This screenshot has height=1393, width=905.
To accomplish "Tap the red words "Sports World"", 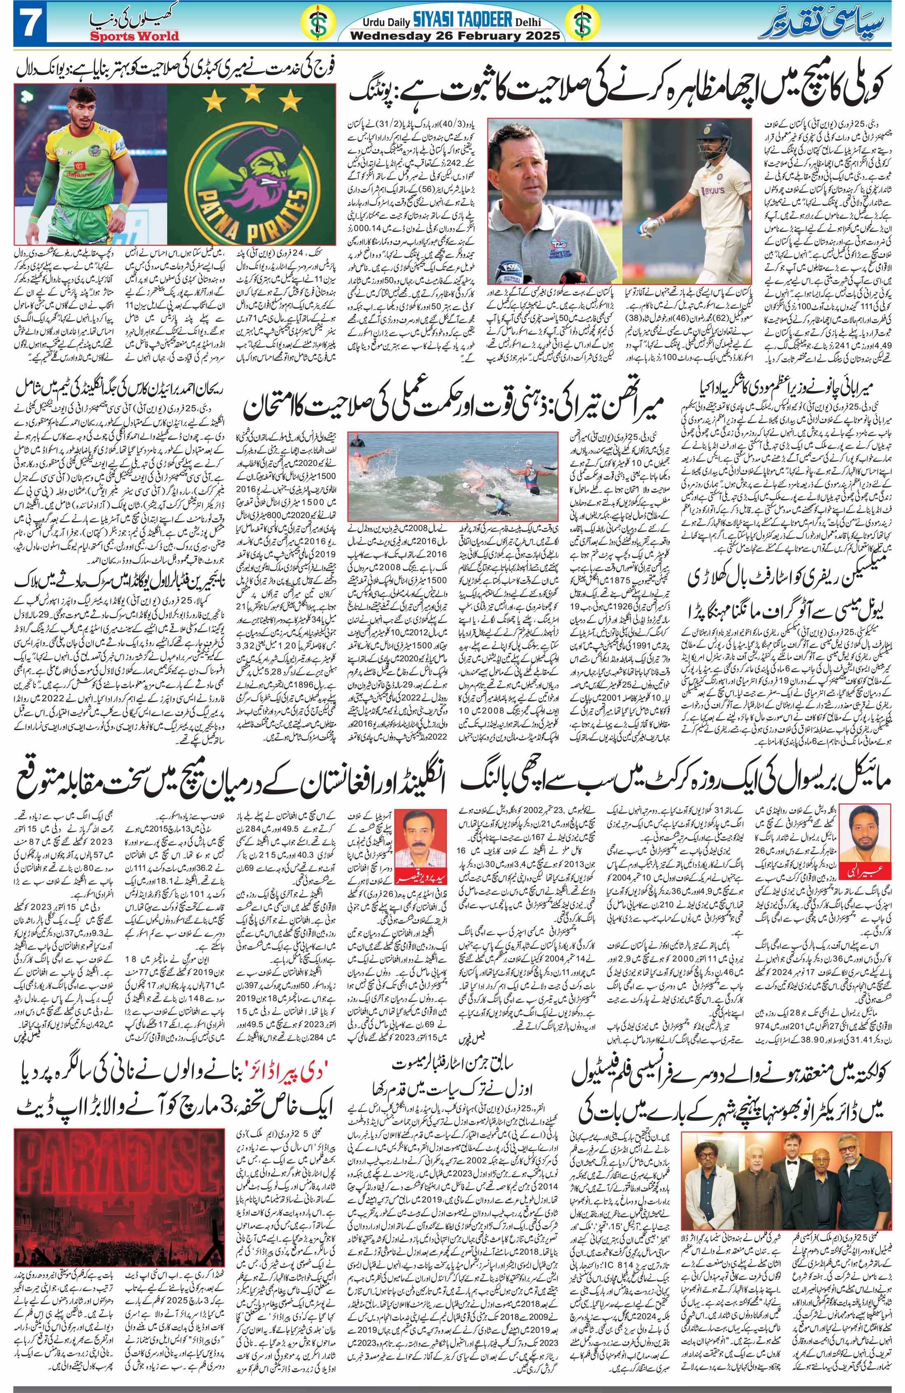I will pyautogui.click(x=134, y=36).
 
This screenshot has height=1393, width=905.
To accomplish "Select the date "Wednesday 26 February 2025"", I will pyautogui.click(x=454, y=36).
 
